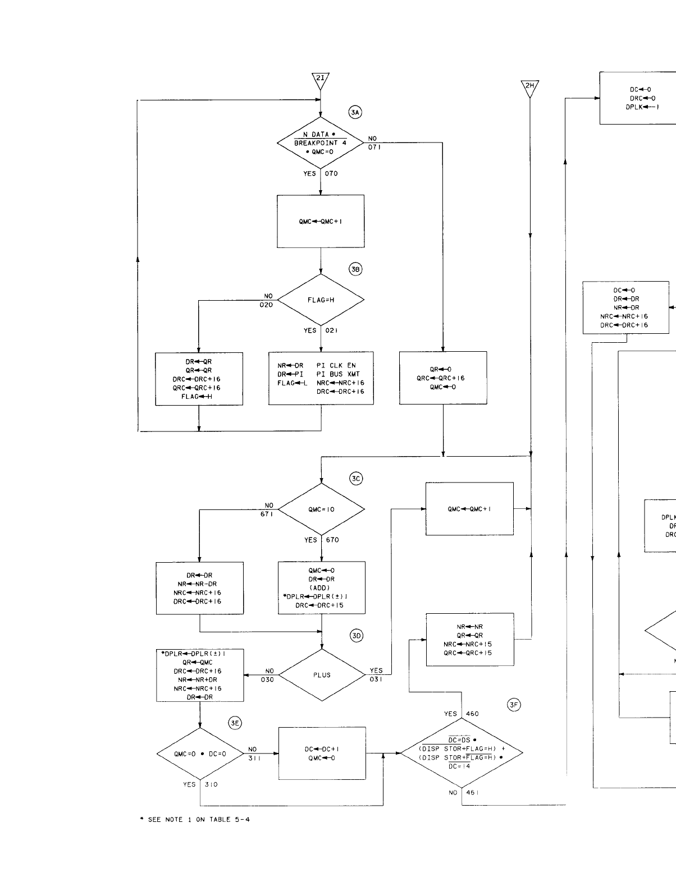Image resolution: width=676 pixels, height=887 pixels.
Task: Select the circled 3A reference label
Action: click(355, 113)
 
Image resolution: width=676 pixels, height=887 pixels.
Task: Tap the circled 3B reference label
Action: click(355, 269)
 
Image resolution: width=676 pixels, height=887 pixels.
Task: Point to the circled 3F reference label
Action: click(514, 706)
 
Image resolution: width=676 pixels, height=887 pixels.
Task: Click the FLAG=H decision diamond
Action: click(321, 300)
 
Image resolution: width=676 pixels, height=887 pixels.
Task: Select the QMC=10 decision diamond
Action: click(321, 509)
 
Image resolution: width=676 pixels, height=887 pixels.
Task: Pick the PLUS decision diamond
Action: click(322, 675)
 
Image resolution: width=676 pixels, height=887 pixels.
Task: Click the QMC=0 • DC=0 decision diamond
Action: click(200, 754)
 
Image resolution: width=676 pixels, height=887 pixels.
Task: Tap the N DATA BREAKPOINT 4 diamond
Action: click(321, 143)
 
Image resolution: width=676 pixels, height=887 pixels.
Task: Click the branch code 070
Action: click(331, 173)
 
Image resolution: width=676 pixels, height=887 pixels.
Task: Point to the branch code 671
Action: click(267, 514)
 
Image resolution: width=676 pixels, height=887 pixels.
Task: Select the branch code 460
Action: click(472, 714)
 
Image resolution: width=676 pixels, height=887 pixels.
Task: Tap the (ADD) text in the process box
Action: click(321, 588)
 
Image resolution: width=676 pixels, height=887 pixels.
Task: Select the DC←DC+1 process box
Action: click(322, 753)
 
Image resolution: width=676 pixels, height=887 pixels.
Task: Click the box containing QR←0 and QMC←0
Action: click(443, 378)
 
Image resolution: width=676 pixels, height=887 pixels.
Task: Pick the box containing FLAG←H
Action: click(199, 379)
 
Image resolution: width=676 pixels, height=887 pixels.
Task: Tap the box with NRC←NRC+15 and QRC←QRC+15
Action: click(470, 640)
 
